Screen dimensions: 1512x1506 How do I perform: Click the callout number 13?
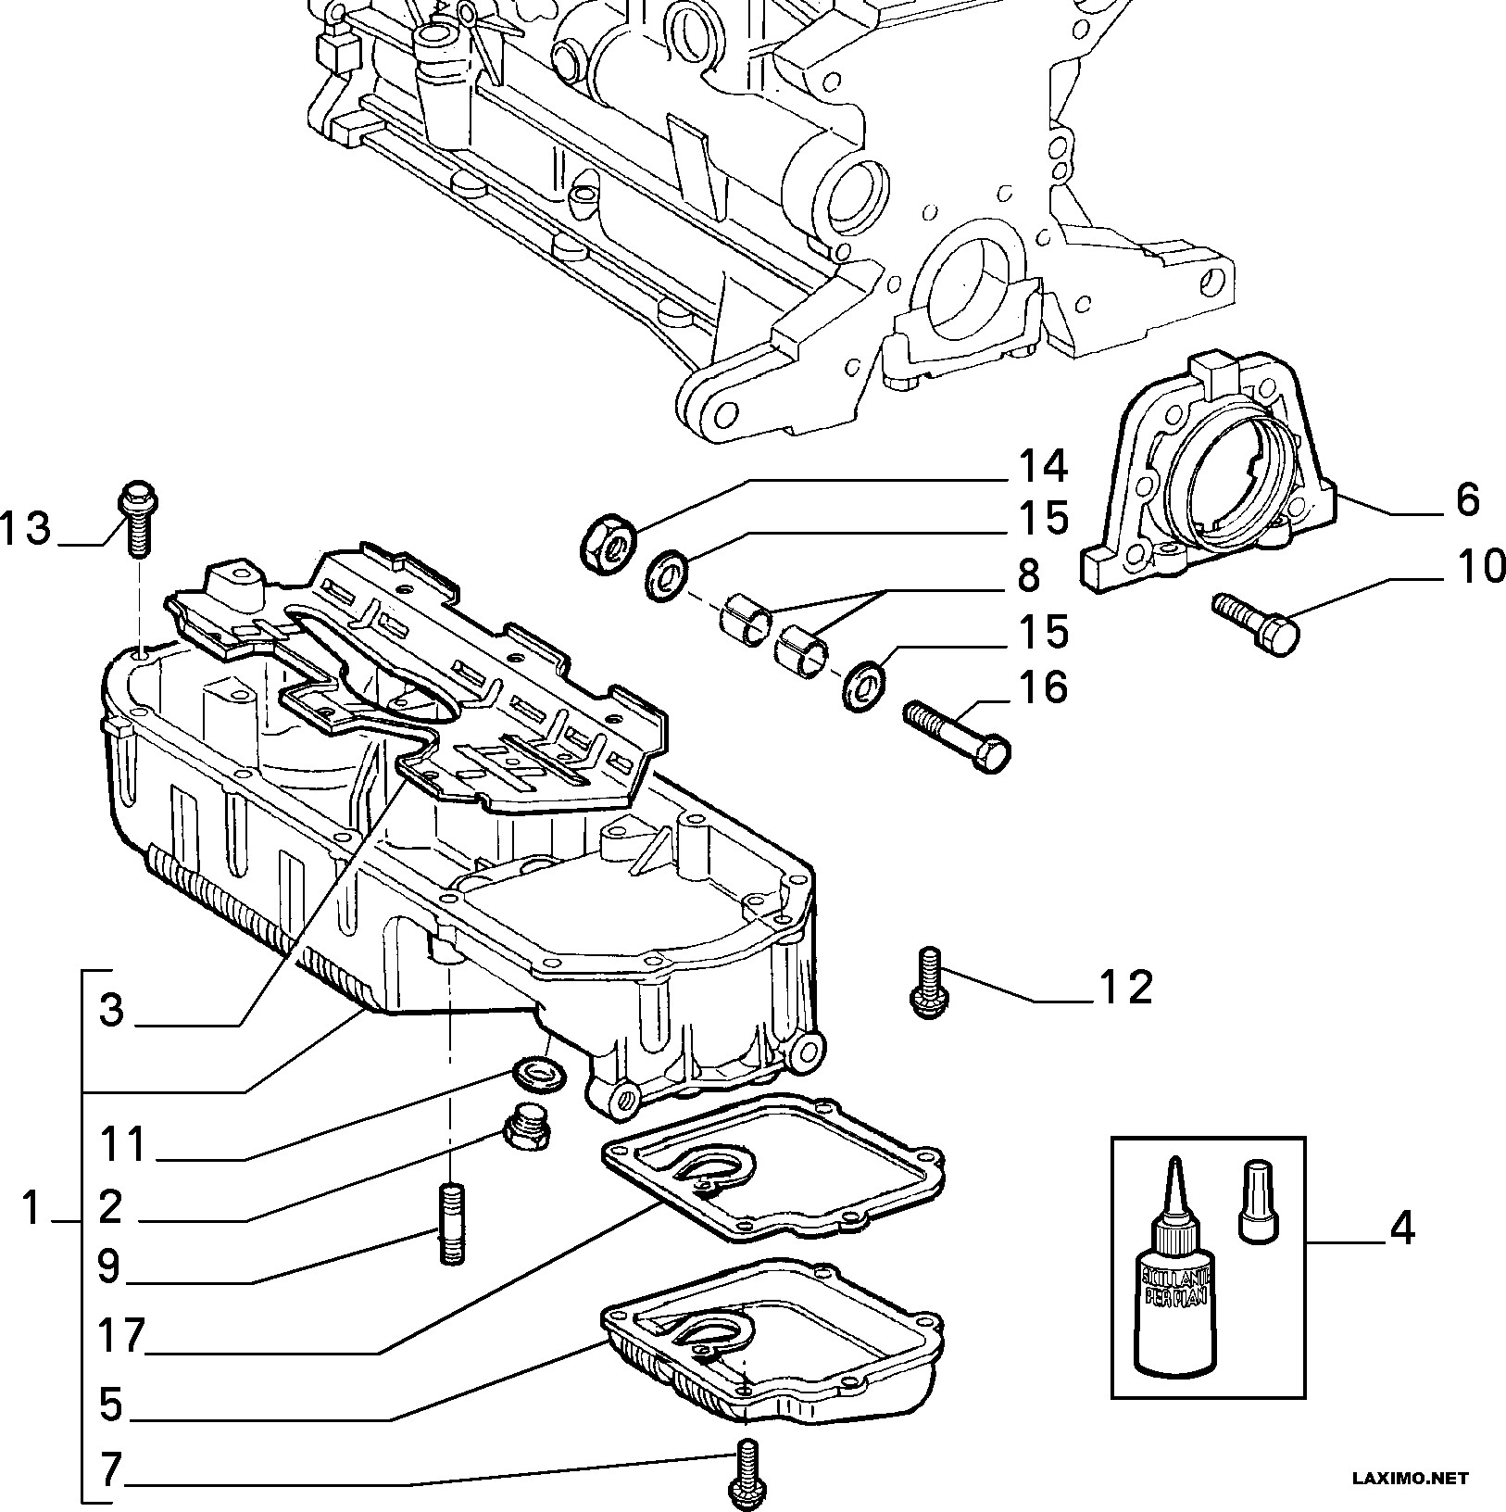25,530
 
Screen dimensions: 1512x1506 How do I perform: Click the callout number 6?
1467,500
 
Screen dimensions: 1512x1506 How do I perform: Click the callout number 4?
1402,1228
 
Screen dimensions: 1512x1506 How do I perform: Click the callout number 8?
1028,576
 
